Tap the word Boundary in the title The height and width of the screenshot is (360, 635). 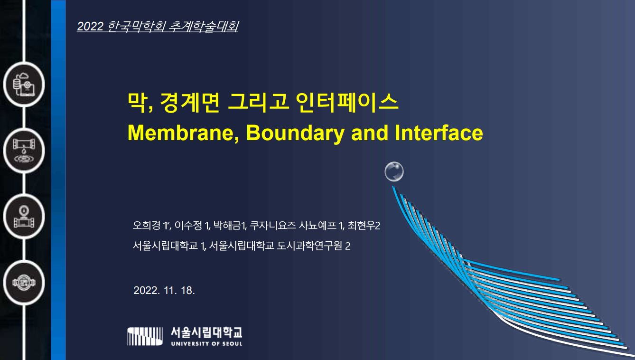(x=295, y=133)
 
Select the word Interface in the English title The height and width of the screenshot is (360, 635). (x=439, y=133)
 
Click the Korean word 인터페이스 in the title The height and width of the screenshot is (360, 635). (x=347, y=102)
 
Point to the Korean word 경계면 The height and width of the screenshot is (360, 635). (x=190, y=102)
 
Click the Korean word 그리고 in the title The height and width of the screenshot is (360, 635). (x=258, y=102)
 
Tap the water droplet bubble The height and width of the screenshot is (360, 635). (x=394, y=171)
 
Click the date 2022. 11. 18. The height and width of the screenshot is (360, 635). (x=164, y=290)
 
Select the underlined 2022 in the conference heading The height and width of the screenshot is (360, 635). (x=90, y=27)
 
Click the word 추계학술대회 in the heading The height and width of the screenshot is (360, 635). (x=203, y=27)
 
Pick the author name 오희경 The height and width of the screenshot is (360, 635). (x=147, y=225)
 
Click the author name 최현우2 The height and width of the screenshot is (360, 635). (x=364, y=225)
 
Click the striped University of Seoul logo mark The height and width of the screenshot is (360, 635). (x=145, y=336)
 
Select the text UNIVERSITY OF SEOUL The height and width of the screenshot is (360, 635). (x=206, y=343)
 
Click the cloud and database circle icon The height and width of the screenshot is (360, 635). (x=24, y=85)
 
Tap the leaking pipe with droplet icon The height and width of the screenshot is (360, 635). (x=24, y=151)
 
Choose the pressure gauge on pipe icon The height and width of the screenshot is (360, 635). (x=24, y=217)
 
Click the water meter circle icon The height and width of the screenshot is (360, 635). (x=24, y=283)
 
